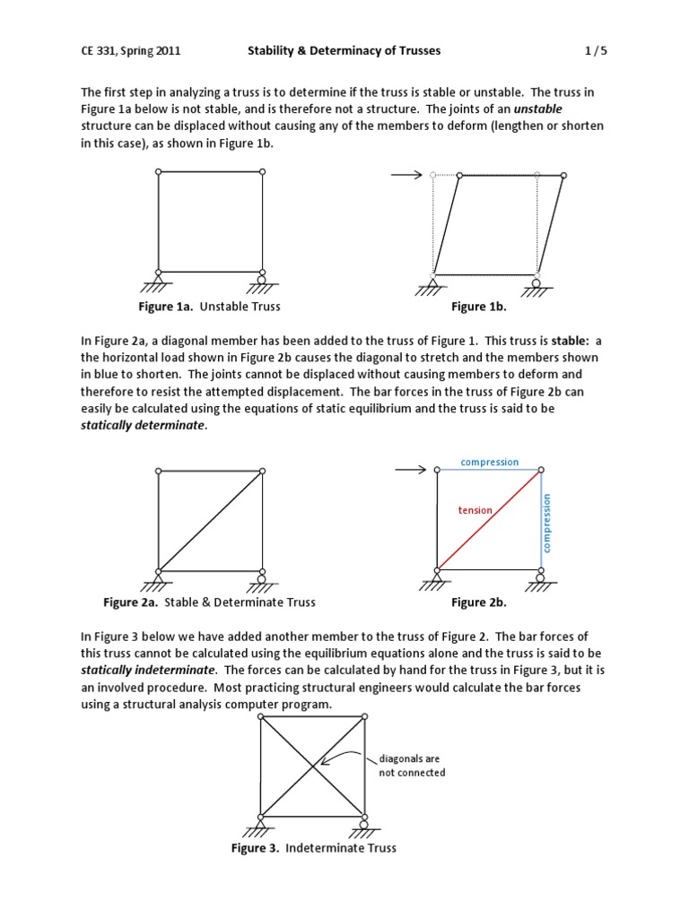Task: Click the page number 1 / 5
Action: (x=596, y=51)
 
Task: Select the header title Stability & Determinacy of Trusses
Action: (x=344, y=51)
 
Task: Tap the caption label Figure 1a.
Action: (x=166, y=307)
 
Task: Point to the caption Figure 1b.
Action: (x=479, y=307)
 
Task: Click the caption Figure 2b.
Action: (x=479, y=602)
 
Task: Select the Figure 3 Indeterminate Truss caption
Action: (x=314, y=848)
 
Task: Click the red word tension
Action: (x=475, y=510)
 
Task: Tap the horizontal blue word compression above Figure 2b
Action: (x=489, y=463)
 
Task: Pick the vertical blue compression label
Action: (x=547, y=523)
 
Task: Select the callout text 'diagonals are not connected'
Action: (x=412, y=766)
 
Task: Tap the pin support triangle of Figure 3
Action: (x=260, y=824)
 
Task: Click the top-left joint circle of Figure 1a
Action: (x=159, y=172)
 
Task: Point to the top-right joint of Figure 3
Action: (x=364, y=716)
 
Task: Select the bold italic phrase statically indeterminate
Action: (x=148, y=670)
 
